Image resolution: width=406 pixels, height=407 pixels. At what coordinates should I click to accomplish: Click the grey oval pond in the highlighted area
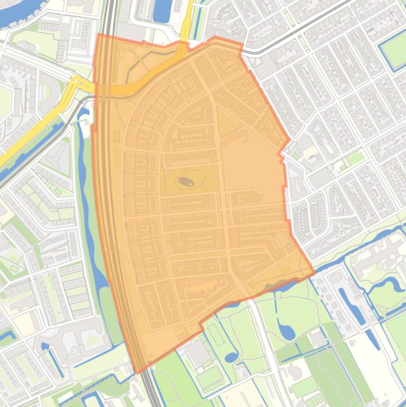click(186, 182)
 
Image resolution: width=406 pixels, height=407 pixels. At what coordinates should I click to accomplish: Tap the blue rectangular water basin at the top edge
click(163, 11)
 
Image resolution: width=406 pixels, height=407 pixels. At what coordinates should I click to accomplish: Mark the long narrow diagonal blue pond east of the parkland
click(352, 306)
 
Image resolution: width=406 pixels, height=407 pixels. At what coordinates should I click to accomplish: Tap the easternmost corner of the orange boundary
click(315, 273)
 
